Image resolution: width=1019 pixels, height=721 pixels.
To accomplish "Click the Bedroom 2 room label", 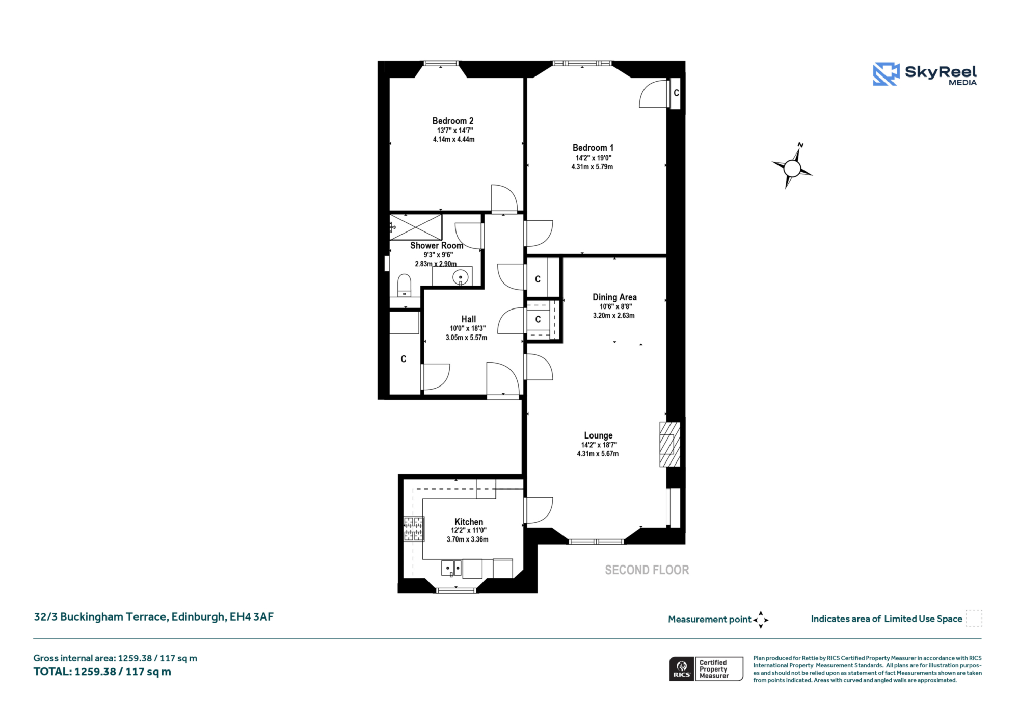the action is (453, 121).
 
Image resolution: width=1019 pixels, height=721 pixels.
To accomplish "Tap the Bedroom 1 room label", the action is (593, 148).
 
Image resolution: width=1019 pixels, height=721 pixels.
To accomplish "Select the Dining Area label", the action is (614, 297).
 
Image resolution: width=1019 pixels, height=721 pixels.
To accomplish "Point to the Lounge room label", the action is (598, 435).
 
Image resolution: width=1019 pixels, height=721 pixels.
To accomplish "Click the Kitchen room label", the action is (469, 522).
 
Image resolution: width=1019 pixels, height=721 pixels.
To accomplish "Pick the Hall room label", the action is (469, 319).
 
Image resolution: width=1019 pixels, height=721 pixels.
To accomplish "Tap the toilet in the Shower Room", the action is (404, 286).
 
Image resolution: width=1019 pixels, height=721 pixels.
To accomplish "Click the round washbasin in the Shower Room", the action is (461, 277).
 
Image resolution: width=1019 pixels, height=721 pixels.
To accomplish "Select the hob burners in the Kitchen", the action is (414, 529).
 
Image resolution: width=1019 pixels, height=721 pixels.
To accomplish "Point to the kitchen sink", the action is (451, 568).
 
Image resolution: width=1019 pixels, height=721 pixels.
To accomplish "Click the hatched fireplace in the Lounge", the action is (670, 444).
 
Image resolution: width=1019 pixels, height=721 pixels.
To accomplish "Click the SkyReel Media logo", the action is (925, 74).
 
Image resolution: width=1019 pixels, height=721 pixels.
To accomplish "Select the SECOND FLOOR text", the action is (647, 570).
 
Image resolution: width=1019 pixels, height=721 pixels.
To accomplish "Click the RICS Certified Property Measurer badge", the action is (706, 669).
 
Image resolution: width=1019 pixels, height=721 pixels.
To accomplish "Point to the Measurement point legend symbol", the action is (761, 620).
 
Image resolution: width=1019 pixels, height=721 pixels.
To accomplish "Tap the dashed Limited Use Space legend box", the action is (974, 618).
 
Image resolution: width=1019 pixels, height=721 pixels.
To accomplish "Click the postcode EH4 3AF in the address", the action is (252, 617).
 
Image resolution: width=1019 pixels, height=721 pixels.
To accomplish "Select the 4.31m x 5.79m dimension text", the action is (592, 167).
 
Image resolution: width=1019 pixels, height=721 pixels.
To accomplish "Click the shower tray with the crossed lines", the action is (416, 227).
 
